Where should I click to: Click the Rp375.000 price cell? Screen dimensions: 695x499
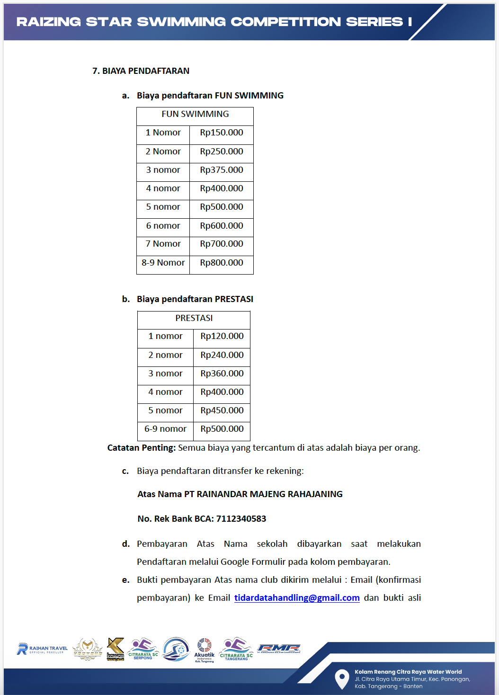222,170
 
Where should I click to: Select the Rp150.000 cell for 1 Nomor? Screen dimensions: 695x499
222,133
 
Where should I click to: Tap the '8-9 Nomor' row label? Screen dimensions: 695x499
163,263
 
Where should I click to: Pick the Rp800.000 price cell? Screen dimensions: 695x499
222,263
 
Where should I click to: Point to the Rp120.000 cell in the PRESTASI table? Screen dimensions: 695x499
222,336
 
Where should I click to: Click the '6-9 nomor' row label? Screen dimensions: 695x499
165,429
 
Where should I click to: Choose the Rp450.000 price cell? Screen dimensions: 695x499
222,410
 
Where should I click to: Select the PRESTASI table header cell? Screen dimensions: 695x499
194,318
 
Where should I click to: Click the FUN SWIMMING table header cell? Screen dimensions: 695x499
195,114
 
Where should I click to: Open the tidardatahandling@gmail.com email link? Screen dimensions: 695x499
297,598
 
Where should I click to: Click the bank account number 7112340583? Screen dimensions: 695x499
241,519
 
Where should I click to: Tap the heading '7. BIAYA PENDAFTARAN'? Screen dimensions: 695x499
141,71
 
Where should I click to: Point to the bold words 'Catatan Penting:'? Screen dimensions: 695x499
142,448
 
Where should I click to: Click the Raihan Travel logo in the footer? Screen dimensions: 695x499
42,649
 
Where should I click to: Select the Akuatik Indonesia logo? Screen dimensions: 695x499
205,650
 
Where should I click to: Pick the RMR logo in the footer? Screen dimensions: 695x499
279,649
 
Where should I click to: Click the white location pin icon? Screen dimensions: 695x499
342,678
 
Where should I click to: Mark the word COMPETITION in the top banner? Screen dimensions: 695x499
285,22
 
